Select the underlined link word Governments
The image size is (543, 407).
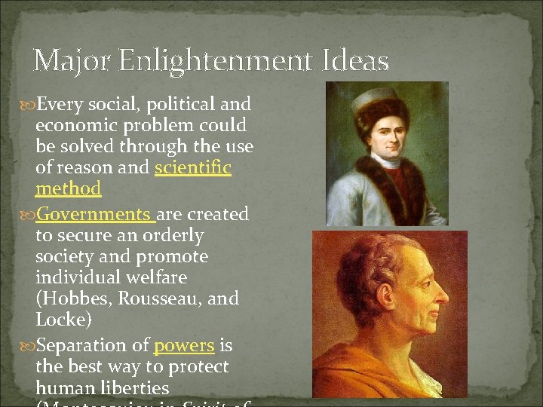pyautogui.click(x=94, y=215)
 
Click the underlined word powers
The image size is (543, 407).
pyautogui.click(x=184, y=346)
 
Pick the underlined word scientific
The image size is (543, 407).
pyautogui.click(x=193, y=168)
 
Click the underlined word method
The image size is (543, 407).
pyautogui.click(x=68, y=188)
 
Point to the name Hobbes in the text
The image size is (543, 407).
pyautogui.click(x=72, y=299)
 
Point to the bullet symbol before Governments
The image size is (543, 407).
pyautogui.click(x=29, y=215)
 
